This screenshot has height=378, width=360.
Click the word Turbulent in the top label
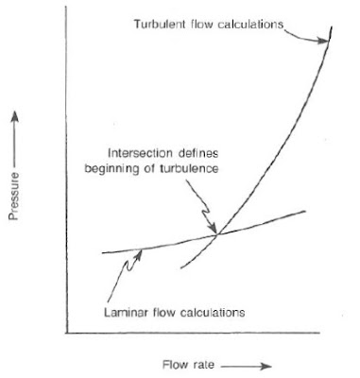[x=153, y=23]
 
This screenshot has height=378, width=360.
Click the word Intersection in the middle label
[x=138, y=151]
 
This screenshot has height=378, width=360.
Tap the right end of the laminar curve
[x=305, y=211]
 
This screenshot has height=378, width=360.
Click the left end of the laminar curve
[x=101, y=253]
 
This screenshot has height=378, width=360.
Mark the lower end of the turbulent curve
[x=179, y=266]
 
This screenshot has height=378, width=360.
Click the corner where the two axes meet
[x=65, y=332]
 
